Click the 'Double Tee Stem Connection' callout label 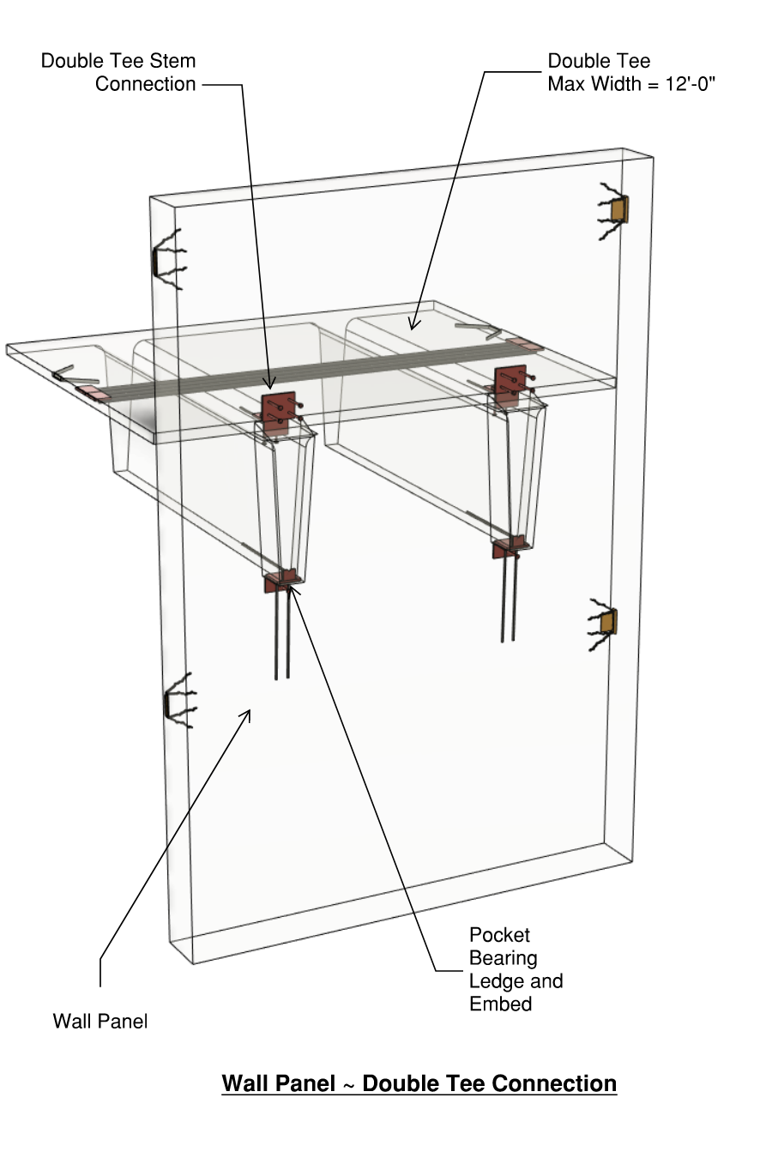click(x=118, y=72)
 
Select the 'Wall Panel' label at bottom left click(x=100, y=1021)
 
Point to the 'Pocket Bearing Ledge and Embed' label click(x=516, y=969)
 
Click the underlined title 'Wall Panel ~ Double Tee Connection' click(x=419, y=1083)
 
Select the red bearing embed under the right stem click(x=507, y=546)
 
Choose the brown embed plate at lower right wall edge click(x=608, y=621)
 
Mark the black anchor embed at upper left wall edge click(x=161, y=262)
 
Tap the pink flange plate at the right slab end click(x=525, y=345)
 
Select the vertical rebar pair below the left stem click(x=281, y=635)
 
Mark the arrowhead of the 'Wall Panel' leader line click(x=249, y=712)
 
